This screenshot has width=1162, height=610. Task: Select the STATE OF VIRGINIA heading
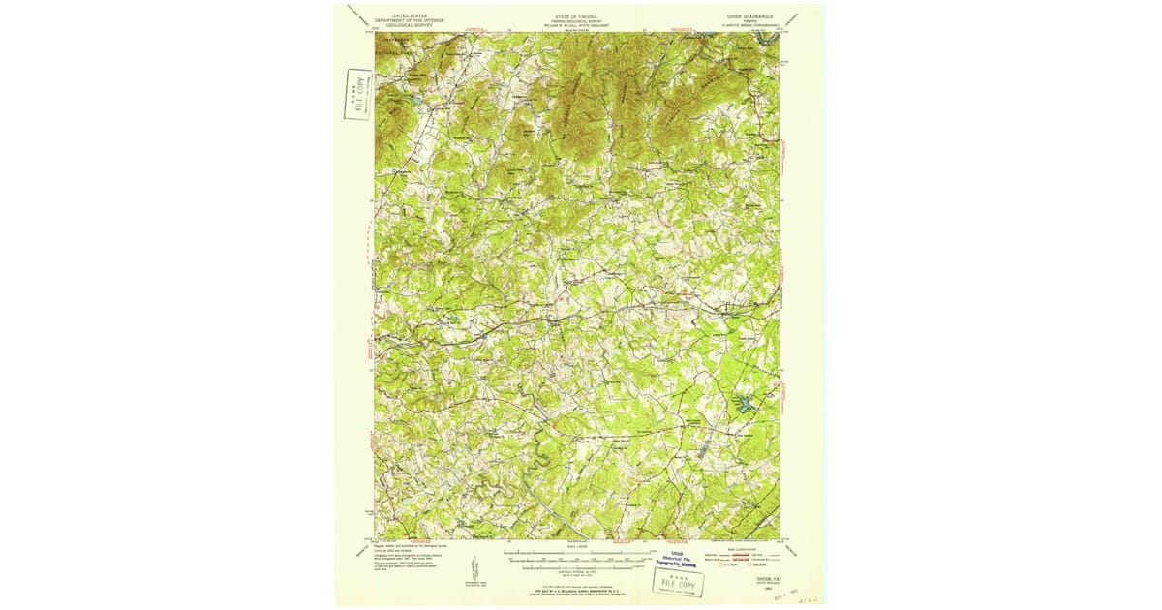576,14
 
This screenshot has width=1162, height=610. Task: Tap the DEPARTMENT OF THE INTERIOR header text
409,17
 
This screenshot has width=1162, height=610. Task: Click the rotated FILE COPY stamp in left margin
358,94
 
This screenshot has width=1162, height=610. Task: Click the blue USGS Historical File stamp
687,560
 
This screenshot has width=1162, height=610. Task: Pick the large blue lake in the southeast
745,406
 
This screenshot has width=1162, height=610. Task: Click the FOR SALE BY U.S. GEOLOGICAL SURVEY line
577,589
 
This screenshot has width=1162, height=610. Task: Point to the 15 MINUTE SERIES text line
747,24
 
